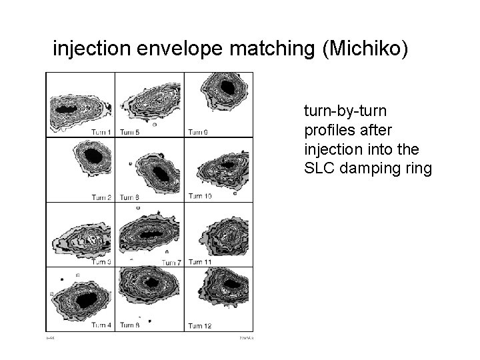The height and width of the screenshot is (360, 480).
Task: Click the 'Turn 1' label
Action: (101, 132)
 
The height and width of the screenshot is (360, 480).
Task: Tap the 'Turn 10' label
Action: (200, 196)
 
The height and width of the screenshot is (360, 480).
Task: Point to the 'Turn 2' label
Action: (101, 197)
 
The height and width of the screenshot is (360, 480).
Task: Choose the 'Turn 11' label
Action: (200, 262)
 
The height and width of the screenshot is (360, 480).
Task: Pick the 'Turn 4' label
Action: (101, 325)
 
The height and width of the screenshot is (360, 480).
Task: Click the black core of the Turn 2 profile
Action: (93, 157)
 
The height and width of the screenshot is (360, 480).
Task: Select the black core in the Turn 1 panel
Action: (67, 108)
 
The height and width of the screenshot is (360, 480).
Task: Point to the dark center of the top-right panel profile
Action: (228, 87)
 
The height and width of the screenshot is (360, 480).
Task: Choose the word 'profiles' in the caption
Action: (327, 129)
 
